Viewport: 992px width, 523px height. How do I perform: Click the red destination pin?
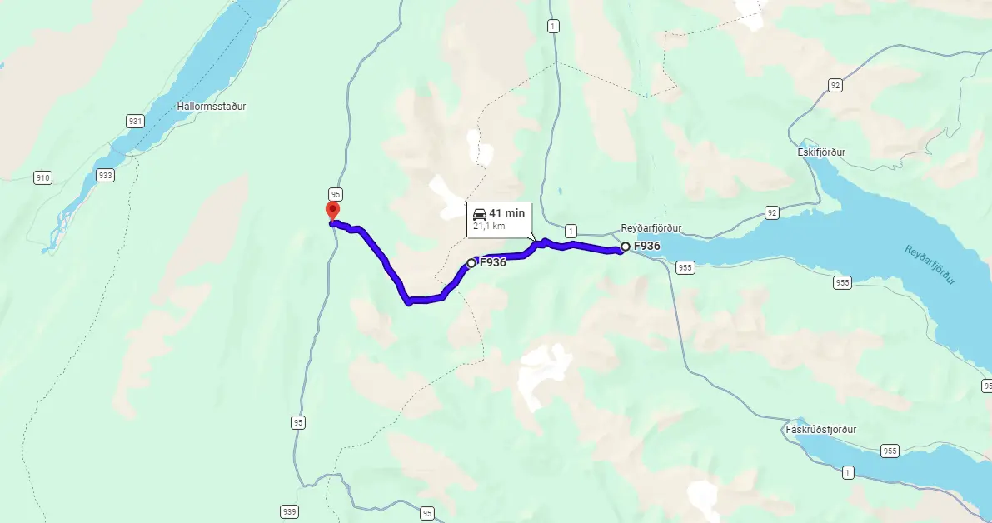click(x=332, y=211)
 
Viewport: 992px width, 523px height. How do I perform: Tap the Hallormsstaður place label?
click(x=212, y=107)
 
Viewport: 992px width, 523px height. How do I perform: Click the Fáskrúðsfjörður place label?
click(x=820, y=430)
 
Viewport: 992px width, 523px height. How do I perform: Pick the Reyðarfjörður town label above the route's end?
click(x=651, y=227)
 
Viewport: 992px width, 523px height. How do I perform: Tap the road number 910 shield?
click(x=43, y=177)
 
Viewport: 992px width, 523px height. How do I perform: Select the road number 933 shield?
click(x=105, y=175)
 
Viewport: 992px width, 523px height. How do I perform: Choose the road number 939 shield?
click(x=289, y=511)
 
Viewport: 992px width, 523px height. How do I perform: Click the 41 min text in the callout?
click(x=508, y=213)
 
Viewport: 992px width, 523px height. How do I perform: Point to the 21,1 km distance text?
click(x=489, y=226)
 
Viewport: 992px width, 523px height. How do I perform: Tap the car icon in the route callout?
click(x=480, y=213)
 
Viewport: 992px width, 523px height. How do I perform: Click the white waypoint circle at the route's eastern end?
click(x=626, y=247)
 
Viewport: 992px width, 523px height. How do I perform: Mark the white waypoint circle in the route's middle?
click(x=471, y=263)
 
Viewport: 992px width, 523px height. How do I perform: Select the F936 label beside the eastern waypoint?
click(x=647, y=247)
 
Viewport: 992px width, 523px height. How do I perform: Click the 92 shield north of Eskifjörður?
click(x=834, y=85)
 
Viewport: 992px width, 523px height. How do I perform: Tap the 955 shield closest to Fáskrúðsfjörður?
click(x=890, y=451)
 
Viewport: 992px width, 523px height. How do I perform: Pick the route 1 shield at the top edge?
click(x=553, y=27)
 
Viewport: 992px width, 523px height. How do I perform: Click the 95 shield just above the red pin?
click(x=336, y=192)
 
